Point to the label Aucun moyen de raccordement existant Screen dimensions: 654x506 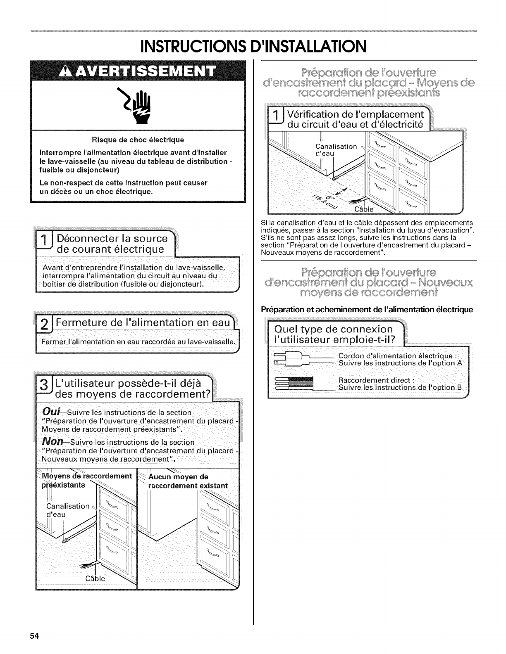[188, 481]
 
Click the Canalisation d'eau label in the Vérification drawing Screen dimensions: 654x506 [336, 149]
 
